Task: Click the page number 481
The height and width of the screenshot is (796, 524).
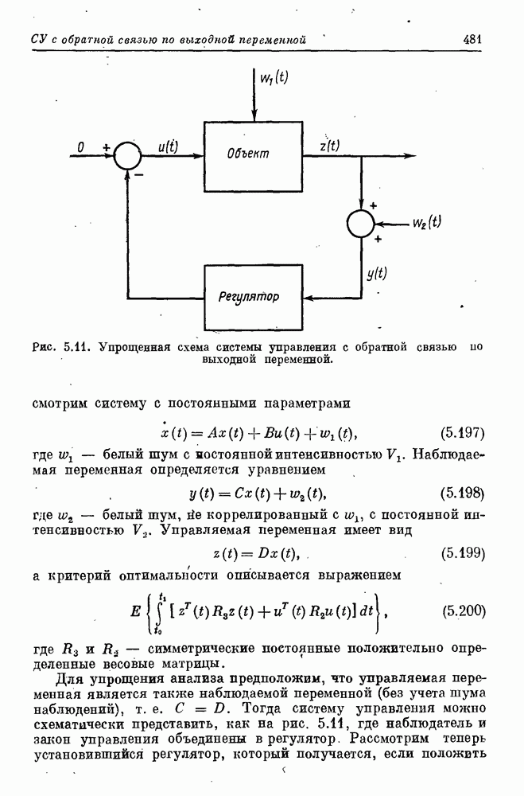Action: pos(472,40)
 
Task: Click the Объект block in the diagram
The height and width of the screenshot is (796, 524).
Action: pos(253,156)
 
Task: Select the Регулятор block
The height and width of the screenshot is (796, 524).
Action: pos(253,297)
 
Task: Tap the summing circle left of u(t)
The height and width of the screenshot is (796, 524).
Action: pos(128,156)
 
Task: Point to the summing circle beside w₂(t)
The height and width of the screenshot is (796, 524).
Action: pos(361,224)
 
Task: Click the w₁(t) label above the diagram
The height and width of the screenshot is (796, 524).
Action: pos(274,77)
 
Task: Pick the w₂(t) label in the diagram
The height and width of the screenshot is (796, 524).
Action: pos(427,222)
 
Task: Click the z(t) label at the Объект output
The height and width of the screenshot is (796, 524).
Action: pos(330,146)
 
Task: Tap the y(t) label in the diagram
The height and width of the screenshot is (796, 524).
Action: pos(377,274)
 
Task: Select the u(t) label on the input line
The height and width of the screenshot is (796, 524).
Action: pos(168,146)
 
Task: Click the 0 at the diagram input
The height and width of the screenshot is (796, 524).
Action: pos(80,147)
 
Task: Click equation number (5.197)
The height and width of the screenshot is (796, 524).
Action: pos(462,433)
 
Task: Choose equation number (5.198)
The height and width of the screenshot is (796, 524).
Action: pos(462,493)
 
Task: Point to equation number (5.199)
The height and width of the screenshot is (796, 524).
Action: pos(463,553)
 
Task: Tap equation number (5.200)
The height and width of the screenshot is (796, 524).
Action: pos(464,611)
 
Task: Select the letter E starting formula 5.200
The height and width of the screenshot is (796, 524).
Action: pos(135,611)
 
